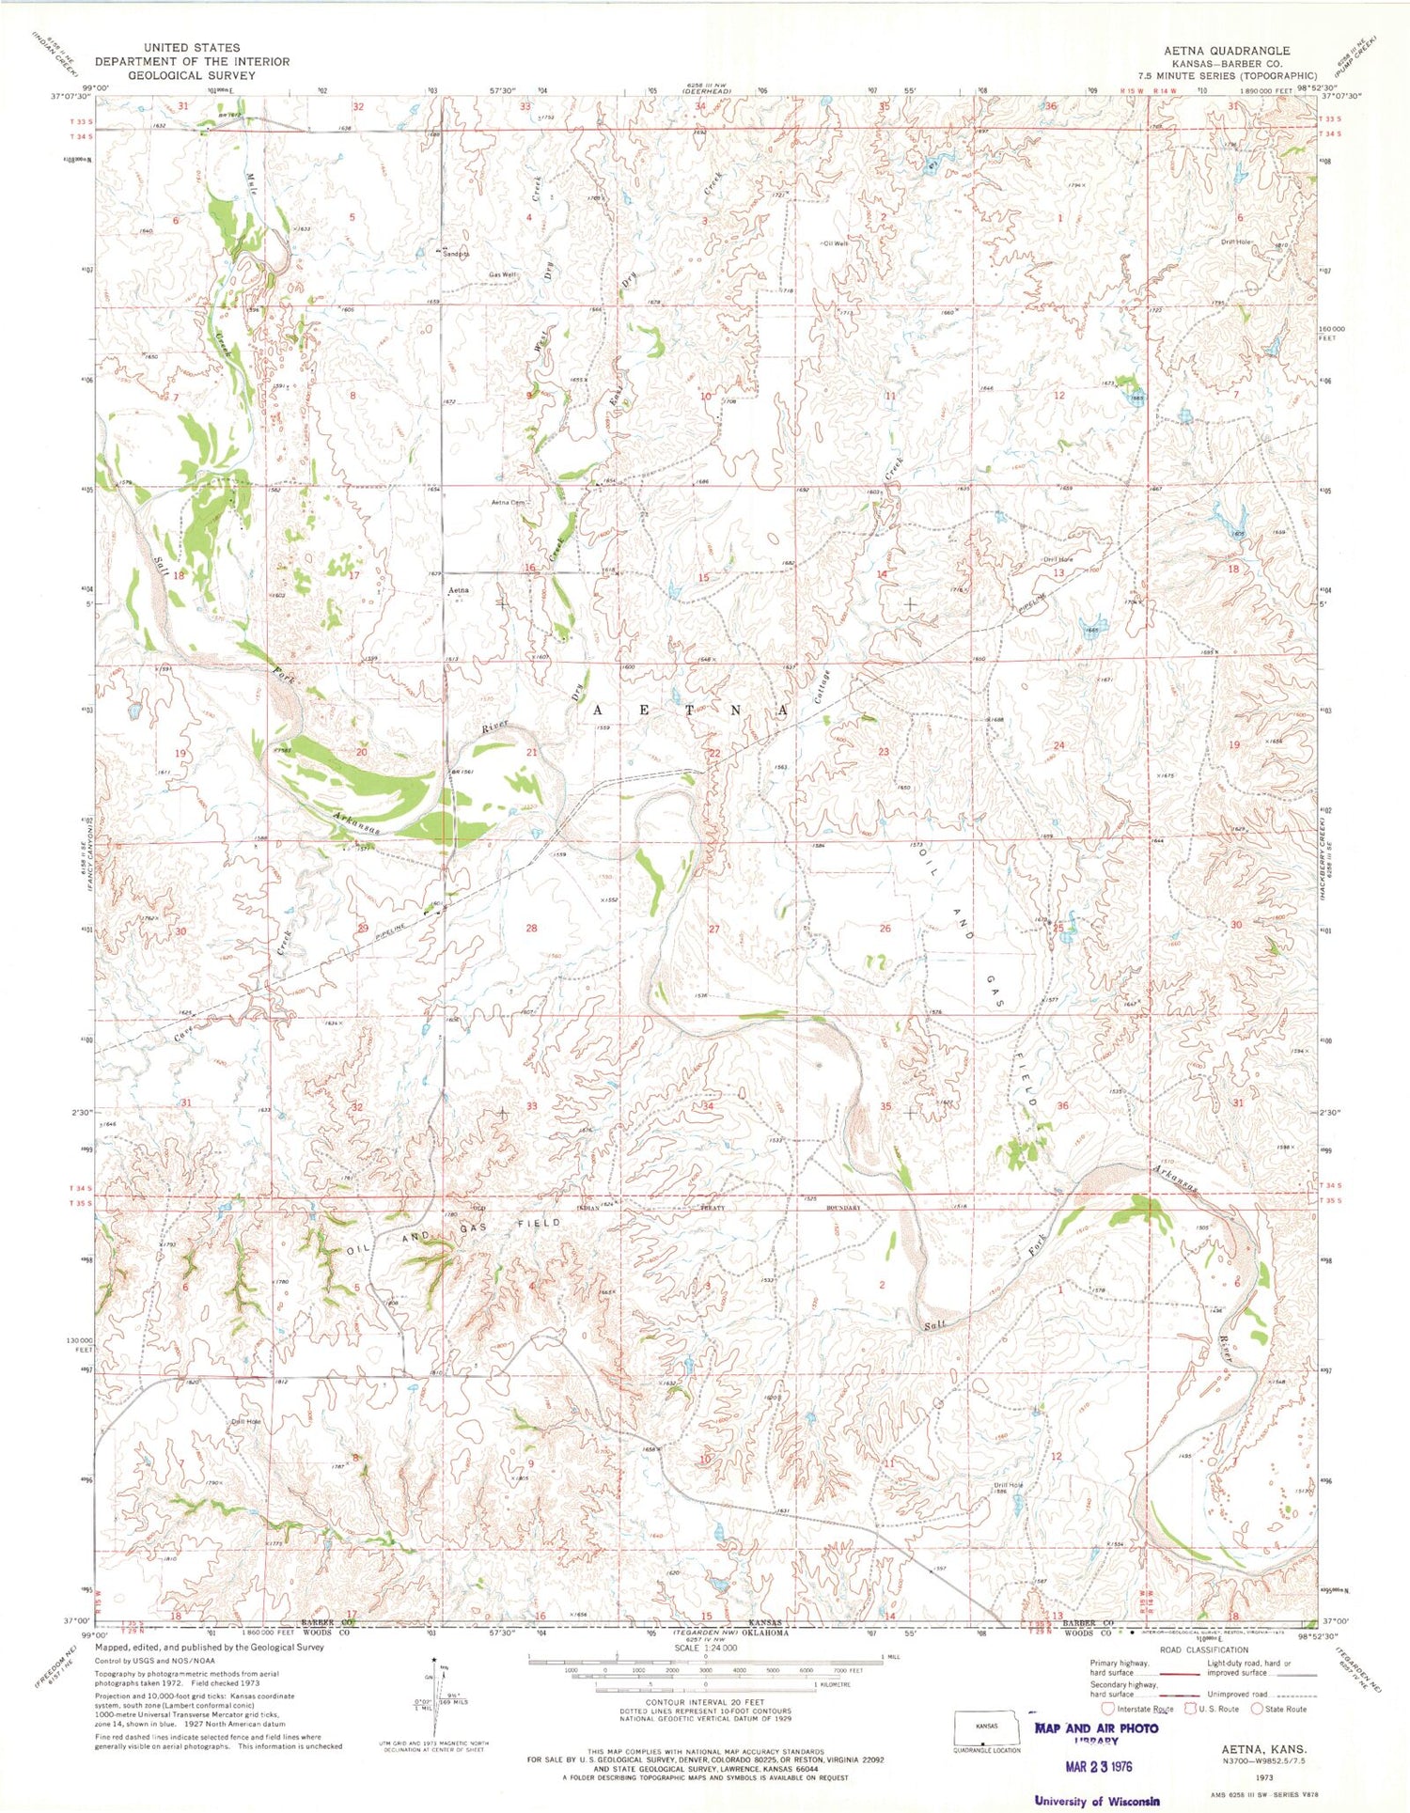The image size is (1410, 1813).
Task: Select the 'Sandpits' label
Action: point(455,254)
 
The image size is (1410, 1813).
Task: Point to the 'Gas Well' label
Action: point(502,275)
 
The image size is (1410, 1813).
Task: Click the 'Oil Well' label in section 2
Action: point(836,243)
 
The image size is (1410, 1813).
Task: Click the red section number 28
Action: point(531,928)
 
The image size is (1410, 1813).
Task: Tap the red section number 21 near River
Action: point(531,753)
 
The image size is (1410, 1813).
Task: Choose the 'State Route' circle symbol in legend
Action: point(1257,1709)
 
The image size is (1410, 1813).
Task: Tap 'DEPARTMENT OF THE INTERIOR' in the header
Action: point(192,61)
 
